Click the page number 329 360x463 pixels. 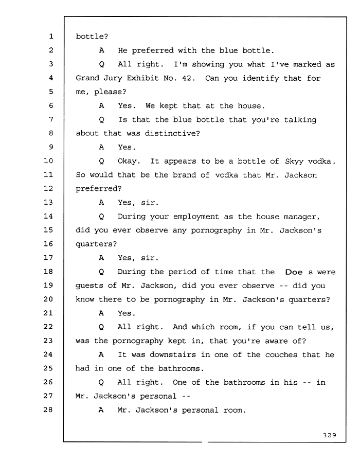click(x=330, y=435)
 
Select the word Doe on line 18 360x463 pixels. click(x=294, y=272)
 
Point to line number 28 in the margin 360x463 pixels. click(x=48, y=409)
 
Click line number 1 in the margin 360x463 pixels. click(x=51, y=37)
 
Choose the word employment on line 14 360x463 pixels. click(x=196, y=217)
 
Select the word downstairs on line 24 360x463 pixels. click(x=173, y=354)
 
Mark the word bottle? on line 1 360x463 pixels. click(x=92, y=37)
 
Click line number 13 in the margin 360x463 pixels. click(x=48, y=202)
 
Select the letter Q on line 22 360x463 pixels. click(x=101, y=327)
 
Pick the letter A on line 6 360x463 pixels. click(x=101, y=105)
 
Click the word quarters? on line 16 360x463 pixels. click(x=96, y=244)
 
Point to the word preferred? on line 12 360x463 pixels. click(x=99, y=189)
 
